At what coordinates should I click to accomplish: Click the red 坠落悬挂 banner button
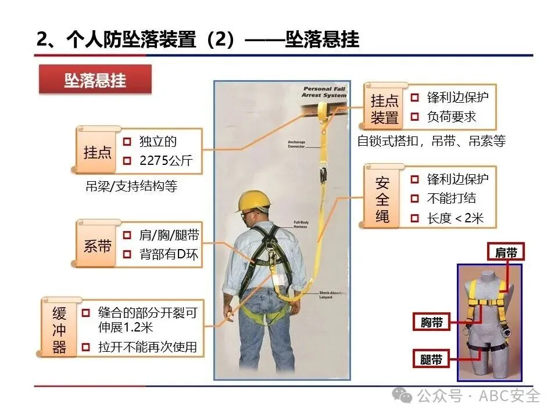pyautogui.click(x=95, y=80)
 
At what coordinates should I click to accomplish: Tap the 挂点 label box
pyautogui.click(x=97, y=152)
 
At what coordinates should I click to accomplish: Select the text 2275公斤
pyautogui.click(x=166, y=160)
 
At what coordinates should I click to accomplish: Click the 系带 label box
pyautogui.click(x=97, y=246)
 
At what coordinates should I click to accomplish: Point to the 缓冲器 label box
pyautogui.click(x=59, y=330)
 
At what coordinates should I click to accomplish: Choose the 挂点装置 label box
pyautogui.click(x=385, y=109)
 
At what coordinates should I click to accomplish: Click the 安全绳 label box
pyautogui.click(x=382, y=200)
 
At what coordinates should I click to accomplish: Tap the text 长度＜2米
pyautogui.click(x=455, y=219)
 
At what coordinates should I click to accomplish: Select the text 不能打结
pyautogui.click(x=451, y=199)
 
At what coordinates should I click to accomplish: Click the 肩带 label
pyautogui.click(x=505, y=252)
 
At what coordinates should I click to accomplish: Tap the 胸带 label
pyautogui.click(x=431, y=322)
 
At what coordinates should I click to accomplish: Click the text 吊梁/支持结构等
pyautogui.click(x=131, y=186)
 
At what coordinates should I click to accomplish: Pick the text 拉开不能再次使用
pyautogui.click(x=148, y=347)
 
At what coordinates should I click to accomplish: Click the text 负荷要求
pyautogui.click(x=451, y=117)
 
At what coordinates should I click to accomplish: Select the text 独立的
pyautogui.click(x=158, y=141)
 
